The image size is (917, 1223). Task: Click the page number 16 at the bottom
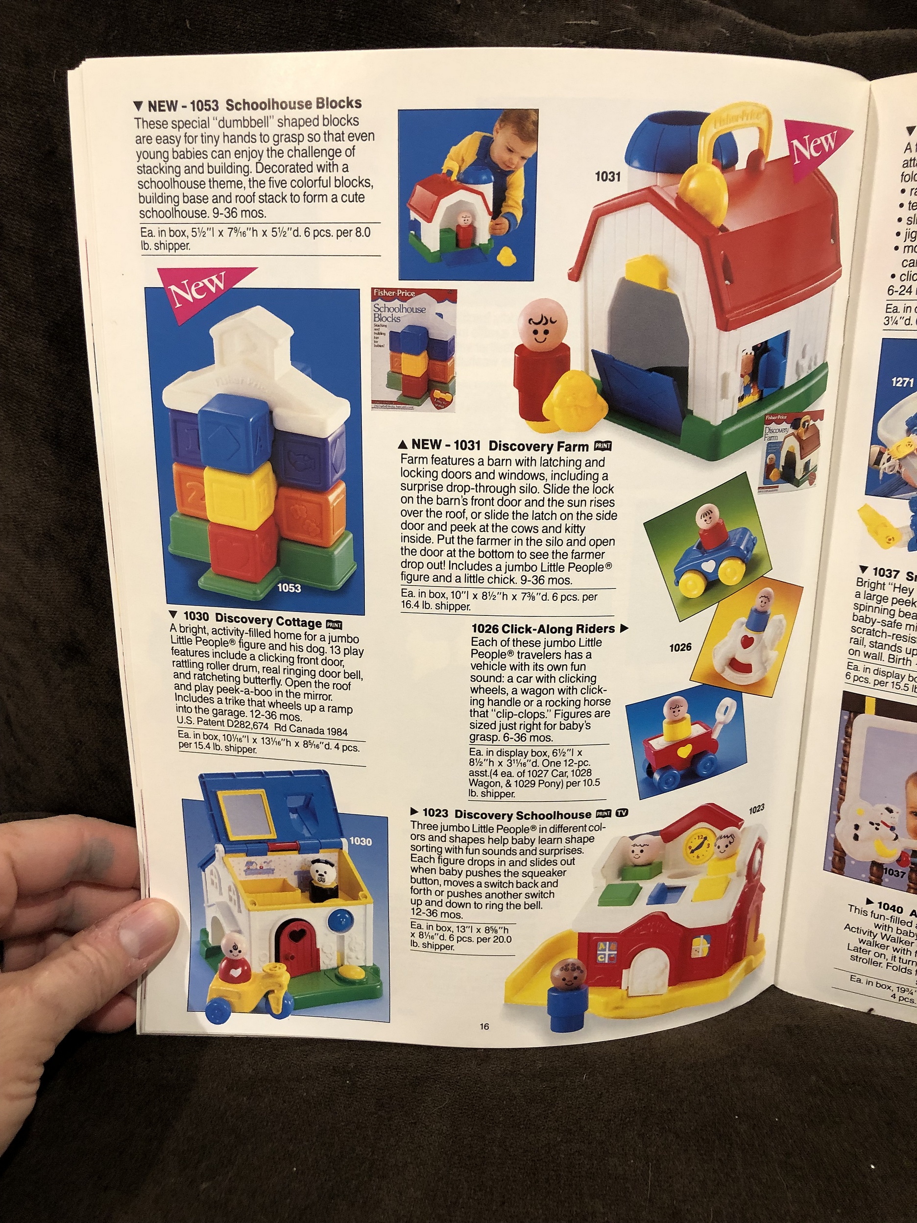point(484,1027)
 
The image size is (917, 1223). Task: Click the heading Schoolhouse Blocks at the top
point(293,103)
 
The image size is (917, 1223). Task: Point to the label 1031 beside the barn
point(607,177)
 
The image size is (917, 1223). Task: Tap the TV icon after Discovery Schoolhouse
point(623,813)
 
